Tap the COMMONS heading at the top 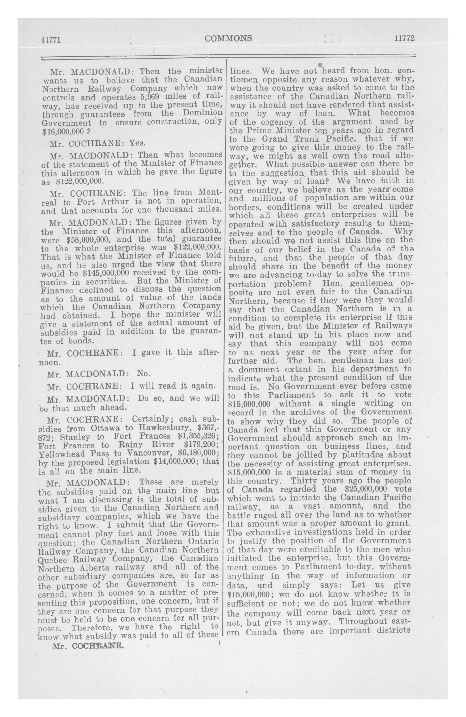(228, 38)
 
